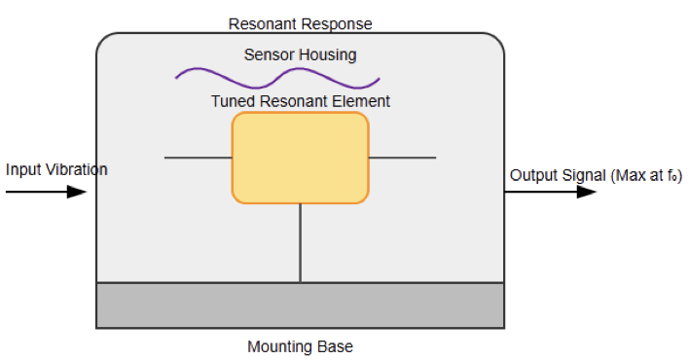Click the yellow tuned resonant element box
tap(300, 158)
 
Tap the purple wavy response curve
tap(277, 76)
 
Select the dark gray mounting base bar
tap(300, 306)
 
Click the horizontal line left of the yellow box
tap(198, 157)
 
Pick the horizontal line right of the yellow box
tap(402, 157)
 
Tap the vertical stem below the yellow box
tap(300, 243)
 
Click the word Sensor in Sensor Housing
tap(267, 54)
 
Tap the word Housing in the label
tap(329, 54)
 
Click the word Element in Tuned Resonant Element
tap(362, 101)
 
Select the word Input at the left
tap(22, 170)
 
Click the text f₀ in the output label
tap(670, 176)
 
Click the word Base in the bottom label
tap(337, 346)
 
